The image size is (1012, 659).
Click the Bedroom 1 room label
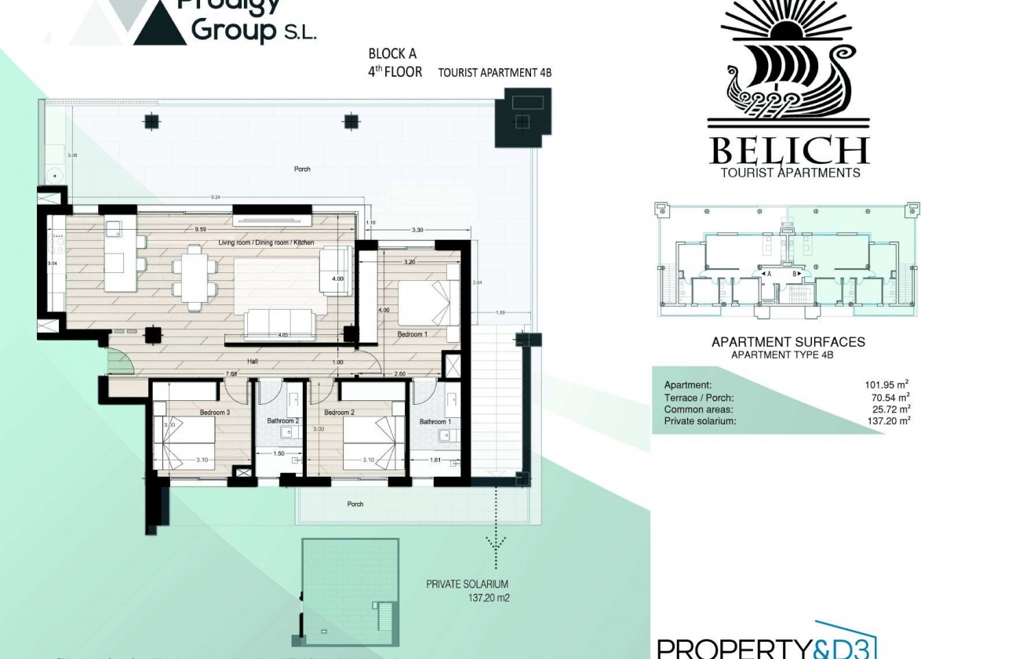(x=412, y=334)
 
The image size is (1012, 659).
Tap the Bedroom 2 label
(x=340, y=413)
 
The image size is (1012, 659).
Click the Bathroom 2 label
(x=282, y=421)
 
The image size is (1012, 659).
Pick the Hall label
(x=253, y=362)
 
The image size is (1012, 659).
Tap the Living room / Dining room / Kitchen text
(x=266, y=243)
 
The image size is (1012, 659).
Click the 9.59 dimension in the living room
(x=201, y=230)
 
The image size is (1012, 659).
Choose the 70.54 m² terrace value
(x=889, y=398)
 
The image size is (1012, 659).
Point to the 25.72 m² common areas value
(x=889, y=410)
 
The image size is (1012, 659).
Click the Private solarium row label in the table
(x=700, y=421)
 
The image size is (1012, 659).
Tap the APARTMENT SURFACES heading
(x=788, y=342)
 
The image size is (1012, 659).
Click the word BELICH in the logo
(x=789, y=151)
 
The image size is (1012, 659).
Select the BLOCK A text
(x=392, y=54)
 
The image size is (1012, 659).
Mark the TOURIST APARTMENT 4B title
(x=494, y=73)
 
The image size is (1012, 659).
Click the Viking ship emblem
(x=789, y=71)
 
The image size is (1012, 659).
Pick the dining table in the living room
(x=194, y=271)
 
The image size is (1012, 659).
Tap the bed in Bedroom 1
(x=425, y=304)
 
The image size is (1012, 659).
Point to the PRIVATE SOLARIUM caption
(x=467, y=584)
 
